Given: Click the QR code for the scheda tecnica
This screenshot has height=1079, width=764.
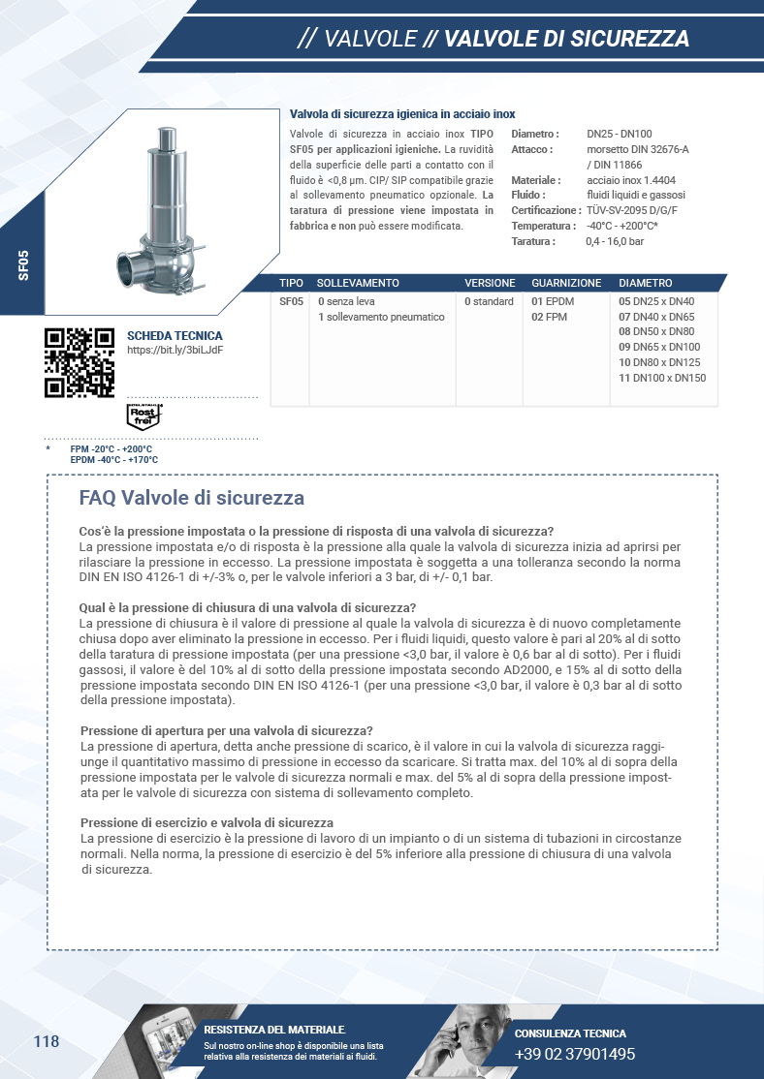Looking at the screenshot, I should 80,362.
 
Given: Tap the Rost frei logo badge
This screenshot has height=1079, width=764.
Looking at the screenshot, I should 143,416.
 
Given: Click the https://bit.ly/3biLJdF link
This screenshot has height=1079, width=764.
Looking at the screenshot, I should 175,350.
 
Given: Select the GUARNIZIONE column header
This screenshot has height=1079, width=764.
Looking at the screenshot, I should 566,283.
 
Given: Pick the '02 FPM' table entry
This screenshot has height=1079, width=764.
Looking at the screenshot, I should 550,317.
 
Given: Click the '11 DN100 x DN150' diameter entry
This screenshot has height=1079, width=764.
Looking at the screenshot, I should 662,378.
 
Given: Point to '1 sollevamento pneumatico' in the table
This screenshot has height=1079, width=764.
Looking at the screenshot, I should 381,317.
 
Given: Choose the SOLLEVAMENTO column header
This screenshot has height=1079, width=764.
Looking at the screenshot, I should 358,283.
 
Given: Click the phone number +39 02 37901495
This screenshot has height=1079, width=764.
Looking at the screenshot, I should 575,1054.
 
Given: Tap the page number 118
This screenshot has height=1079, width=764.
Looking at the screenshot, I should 47,1042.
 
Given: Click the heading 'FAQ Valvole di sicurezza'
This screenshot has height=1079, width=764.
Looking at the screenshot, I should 191,498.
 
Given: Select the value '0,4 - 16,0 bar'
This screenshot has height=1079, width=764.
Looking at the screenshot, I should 615,241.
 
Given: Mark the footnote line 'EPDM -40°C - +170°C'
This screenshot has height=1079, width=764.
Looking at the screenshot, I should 113,460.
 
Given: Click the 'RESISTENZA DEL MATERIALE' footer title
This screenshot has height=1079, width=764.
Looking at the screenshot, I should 274,1030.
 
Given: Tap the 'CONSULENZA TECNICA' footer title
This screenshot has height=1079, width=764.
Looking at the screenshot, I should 570,1033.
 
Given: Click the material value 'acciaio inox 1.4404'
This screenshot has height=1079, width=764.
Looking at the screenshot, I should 631,180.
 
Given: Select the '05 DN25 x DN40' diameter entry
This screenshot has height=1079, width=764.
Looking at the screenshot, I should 656,301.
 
